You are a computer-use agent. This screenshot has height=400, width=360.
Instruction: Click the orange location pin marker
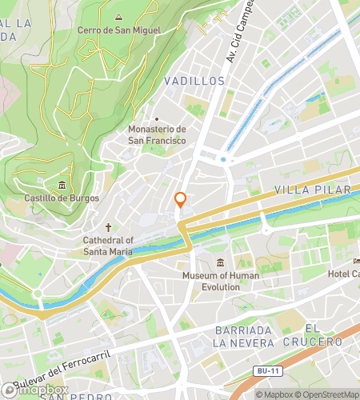point(181,200)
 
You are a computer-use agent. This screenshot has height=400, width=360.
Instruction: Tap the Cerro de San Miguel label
point(118,30)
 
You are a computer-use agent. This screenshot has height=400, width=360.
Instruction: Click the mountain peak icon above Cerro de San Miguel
point(118,17)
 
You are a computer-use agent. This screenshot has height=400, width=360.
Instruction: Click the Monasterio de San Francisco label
point(157,134)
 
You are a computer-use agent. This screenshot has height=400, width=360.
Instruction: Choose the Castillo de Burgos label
point(62,198)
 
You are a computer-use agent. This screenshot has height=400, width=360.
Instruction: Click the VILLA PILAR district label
point(301,190)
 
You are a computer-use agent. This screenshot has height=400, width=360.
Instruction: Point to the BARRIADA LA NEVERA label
point(246,336)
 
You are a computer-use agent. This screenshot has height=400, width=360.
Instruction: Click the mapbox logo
point(32,391)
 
